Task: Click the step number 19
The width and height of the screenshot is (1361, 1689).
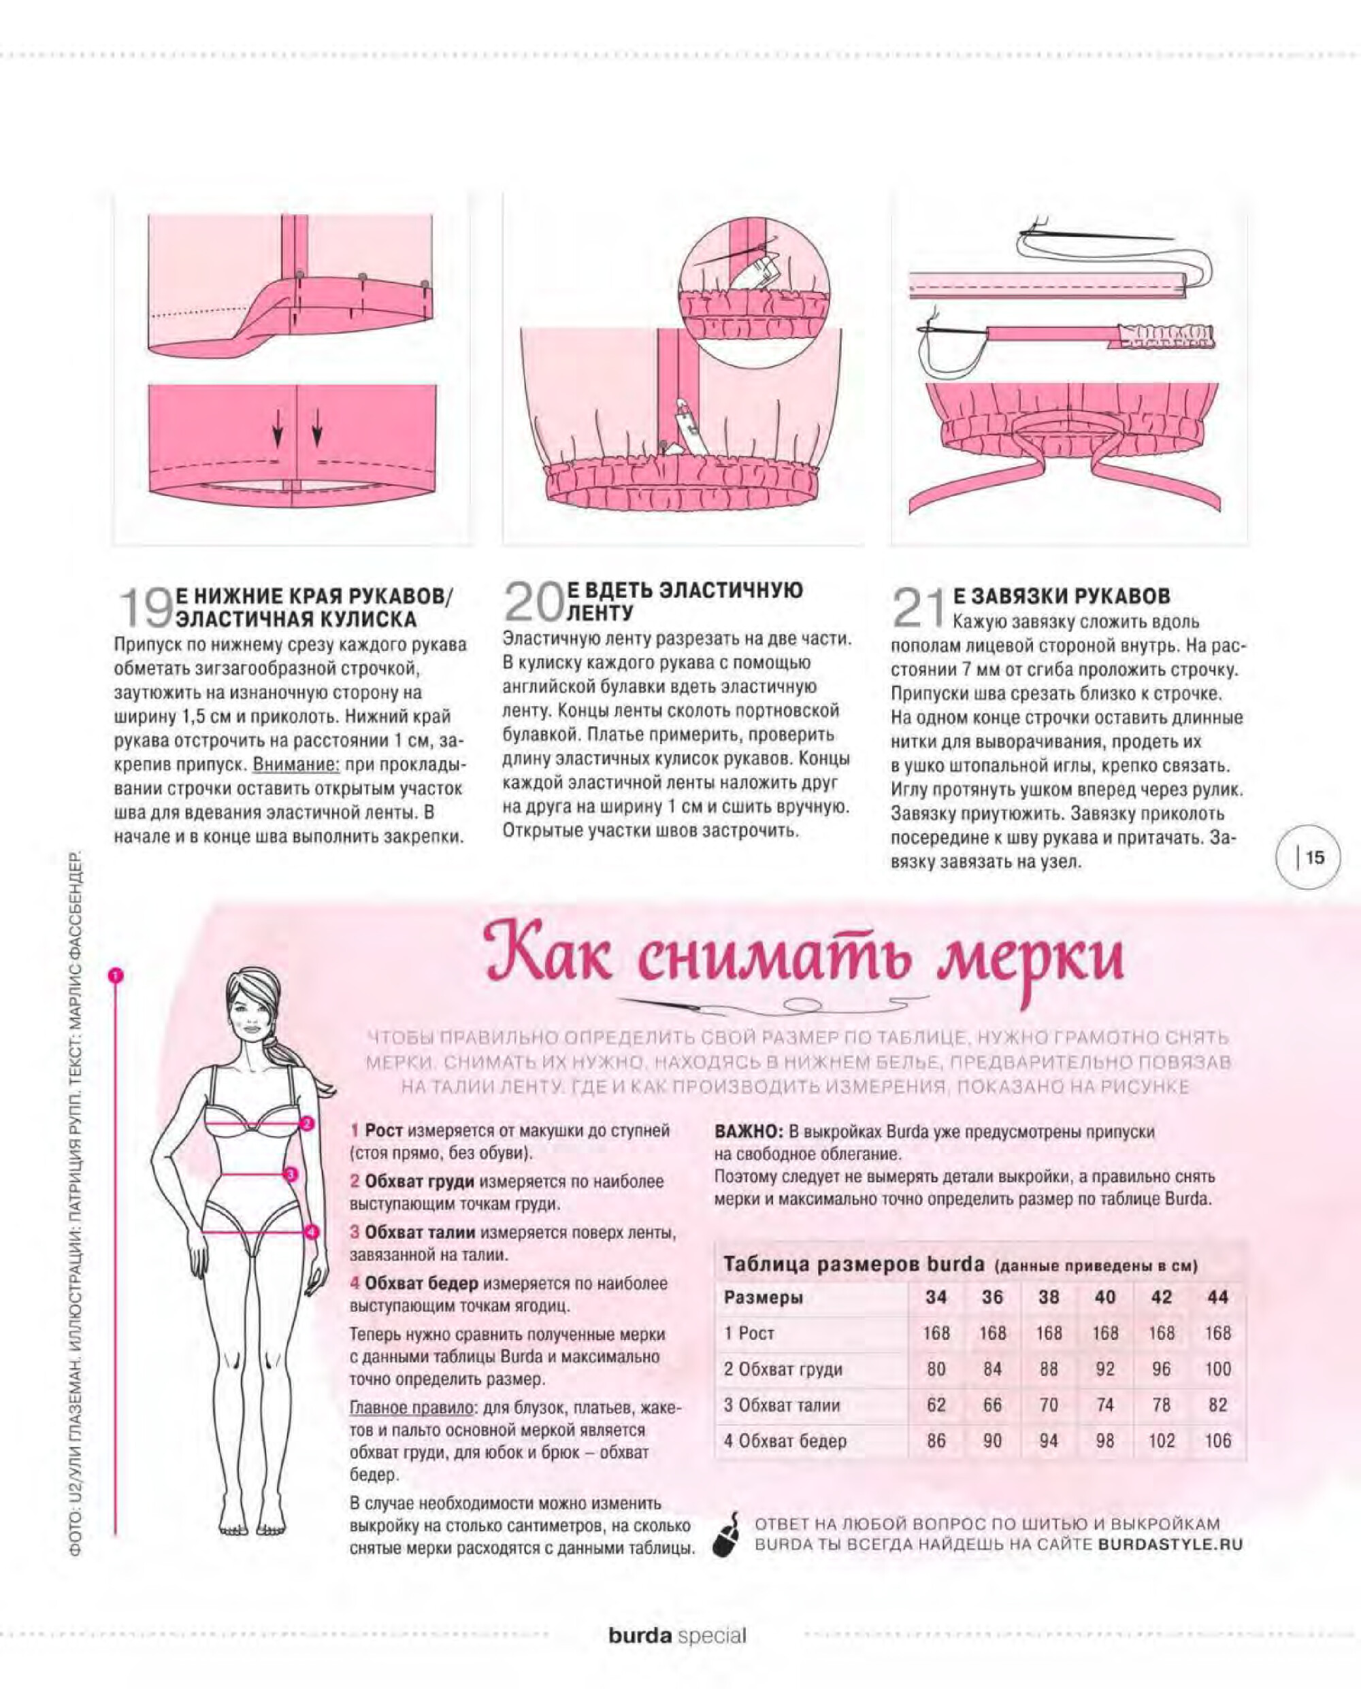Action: click(x=145, y=607)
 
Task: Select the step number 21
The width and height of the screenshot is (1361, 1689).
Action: click(x=917, y=607)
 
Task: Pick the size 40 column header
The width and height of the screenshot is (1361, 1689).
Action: click(x=1104, y=1297)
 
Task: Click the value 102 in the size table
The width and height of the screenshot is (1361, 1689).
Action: click(x=1161, y=1441)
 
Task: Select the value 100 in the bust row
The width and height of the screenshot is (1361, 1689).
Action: click(x=1217, y=1369)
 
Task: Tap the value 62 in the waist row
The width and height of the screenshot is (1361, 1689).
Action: click(x=936, y=1405)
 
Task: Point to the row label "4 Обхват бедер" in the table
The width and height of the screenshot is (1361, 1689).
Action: click(x=785, y=1441)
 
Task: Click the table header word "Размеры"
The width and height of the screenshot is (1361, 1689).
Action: click(x=763, y=1297)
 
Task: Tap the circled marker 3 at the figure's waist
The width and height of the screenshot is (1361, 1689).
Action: click(x=289, y=1174)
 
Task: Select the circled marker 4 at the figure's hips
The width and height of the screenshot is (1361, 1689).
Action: click(x=311, y=1232)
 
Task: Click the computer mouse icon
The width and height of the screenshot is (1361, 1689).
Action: click(x=726, y=1534)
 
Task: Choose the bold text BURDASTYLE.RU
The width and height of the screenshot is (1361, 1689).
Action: click(x=1170, y=1545)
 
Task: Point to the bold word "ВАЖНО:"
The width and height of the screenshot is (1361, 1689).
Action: click(x=749, y=1132)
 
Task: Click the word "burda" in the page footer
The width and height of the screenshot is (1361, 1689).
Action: click(x=640, y=1636)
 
